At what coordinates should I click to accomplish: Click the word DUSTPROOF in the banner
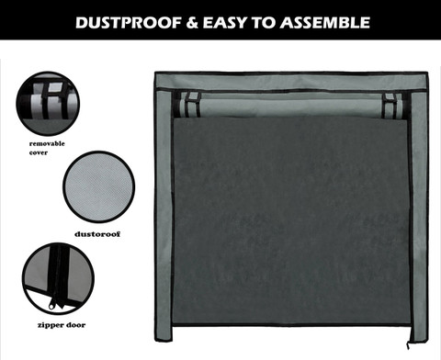coord(129,23)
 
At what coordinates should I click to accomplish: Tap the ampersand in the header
coord(192,23)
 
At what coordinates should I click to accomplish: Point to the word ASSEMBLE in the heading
coord(324,23)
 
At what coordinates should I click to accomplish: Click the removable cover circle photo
coord(48,104)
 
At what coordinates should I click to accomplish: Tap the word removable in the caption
coord(47,143)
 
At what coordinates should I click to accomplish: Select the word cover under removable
coord(39,152)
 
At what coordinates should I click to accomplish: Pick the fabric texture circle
coord(98,186)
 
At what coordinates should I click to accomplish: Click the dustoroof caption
coord(97,234)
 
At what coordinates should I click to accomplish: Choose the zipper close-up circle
coord(58,278)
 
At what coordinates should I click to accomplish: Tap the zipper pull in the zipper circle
coord(51,305)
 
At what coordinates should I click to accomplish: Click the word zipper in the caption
coord(51,325)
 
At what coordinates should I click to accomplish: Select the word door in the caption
coord(76,325)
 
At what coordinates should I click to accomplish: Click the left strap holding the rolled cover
coord(193,104)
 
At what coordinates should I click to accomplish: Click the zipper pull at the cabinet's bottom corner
coord(408,345)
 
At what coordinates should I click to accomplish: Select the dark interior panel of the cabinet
coord(291,220)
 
